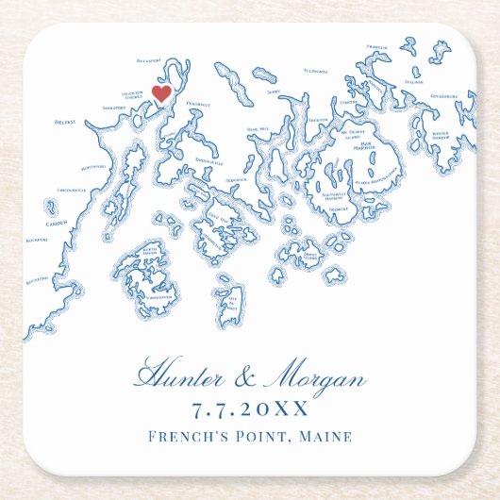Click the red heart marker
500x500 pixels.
161,93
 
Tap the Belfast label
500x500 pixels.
65,121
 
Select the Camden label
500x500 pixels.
56,224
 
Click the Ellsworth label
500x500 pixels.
315,71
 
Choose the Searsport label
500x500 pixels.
113,108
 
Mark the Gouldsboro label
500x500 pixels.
444,96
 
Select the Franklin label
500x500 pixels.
376,46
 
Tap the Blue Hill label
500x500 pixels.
258,128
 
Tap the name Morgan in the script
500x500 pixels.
317,380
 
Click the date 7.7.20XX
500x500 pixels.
250,410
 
